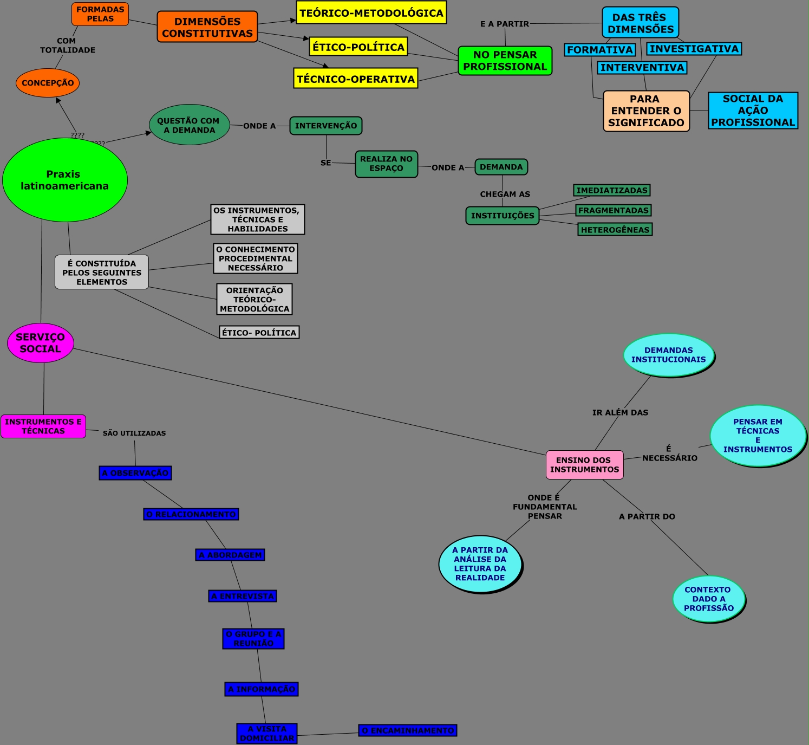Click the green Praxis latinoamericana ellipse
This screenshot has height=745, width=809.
[64, 180]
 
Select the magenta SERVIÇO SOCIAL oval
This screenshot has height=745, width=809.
[41, 343]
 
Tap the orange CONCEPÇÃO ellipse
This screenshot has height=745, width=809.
[48, 83]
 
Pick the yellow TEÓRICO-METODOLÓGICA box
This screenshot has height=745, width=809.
[371, 13]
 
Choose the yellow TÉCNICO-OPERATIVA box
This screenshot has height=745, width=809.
[356, 79]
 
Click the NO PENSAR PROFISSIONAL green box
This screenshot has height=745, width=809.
[505, 61]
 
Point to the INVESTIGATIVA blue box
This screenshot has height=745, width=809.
[694, 49]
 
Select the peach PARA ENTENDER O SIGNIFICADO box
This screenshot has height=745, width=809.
[646, 111]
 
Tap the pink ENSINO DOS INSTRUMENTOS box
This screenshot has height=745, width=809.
[584, 465]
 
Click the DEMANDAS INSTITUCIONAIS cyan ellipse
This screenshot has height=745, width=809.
[668, 355]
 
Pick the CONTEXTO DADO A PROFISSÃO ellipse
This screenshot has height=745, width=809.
[708, 599]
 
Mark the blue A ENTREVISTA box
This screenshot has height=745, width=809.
[243, 596]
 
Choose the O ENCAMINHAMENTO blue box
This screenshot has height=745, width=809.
[408, 730]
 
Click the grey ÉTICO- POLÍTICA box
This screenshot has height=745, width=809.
[259, 333]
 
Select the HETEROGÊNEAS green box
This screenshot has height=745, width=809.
[615, 230]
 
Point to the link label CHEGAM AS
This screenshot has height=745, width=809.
[505, 194]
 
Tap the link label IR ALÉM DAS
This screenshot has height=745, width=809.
[620, 412]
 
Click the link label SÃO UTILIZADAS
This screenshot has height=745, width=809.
[134, 433]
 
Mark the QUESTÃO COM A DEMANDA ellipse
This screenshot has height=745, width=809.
[189, 125]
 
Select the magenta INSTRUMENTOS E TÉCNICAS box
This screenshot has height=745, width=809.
[43, 426]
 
